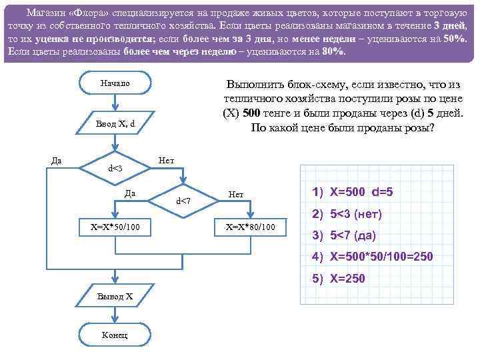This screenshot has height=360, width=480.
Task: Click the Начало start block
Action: pyautogui.click(x=115, y=83)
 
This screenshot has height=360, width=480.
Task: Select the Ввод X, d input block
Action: pyautogui.click(x=115, y=123)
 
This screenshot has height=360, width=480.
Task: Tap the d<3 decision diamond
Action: pyautogui.click(x=115, y=168)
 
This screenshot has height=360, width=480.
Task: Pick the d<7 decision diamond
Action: pyautogui.click(x=183, y=201)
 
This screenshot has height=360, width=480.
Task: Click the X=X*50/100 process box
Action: pyautogui.click(x=115, y=227)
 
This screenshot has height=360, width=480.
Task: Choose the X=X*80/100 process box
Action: pyautogui.click(x=250, y=227)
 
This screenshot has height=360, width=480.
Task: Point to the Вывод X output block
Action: pyautogui.click(x=115, y=295)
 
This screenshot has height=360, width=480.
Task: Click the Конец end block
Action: pyautogui.click(x=115, y=334)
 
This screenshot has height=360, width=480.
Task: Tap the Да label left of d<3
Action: pyautogui.click(x=57, y=160)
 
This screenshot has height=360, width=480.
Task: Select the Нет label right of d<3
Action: pyautogui.click(x=167, y=161)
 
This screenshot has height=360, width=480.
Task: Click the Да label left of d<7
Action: pyautogui.click(x=131, y=193)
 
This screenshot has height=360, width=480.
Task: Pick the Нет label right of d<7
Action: pyautogui.click(x=236, y=194)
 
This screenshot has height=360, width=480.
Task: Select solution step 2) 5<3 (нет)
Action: pyautogui.click(x=347, y=214)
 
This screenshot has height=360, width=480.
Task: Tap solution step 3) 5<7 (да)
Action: pyautogui.click(x=345, y=235)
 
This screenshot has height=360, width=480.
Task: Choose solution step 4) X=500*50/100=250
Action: pyautogui.click(x=372, y=257)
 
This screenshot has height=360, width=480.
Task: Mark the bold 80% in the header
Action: pyautogui.click(x=333, y=51)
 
